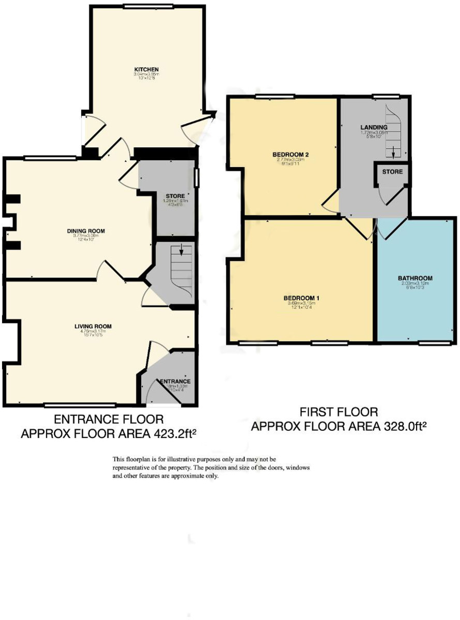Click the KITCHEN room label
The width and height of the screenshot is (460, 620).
[x=146, y=69]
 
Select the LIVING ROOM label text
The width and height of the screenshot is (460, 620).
[x=93, y=326]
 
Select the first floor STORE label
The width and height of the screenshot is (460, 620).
[x=392, y=171]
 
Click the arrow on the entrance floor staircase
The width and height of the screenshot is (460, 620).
[x=181, y=252]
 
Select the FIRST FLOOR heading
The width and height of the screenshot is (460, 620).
[x=339, y=412]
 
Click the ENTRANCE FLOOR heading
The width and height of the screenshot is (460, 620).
[x=109, y=419]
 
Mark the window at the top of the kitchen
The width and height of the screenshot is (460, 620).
[x=141, y=6]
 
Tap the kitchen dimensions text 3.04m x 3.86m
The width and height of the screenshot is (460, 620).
[x=146, y=74]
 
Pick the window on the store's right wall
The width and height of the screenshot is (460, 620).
[x=196, y=178]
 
